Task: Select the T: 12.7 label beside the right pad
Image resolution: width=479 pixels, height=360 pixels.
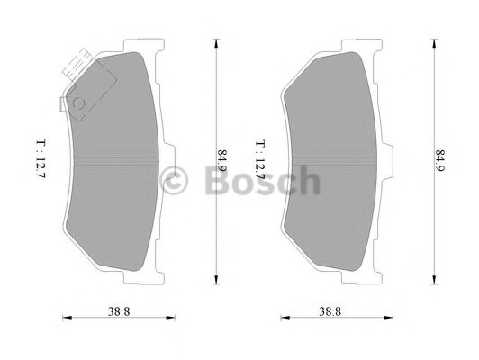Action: [260, 157]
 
